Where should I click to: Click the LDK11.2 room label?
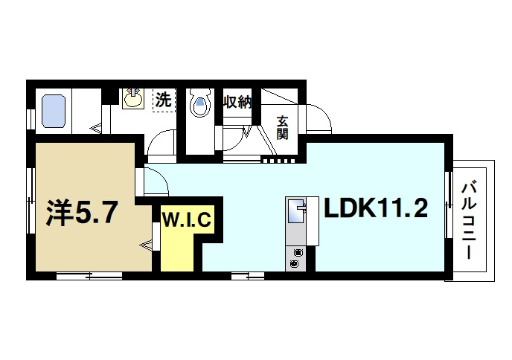[x=376, y=208]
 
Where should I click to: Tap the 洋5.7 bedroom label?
[x=81, y=213]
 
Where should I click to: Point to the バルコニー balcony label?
[x=469, y=222]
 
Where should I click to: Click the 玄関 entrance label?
[x=283, y=128]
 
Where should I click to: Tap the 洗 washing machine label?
[x=163, y=100]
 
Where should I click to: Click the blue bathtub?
[x=54, y=111]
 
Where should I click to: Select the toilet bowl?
[x=200, y=103]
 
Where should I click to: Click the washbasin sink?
[x=132, y=98]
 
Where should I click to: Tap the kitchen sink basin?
[x=297, y=213]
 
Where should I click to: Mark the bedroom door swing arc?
[x=162, y=177]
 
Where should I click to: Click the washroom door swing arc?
[x=158, y=136]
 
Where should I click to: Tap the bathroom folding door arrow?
[x=96, y=128]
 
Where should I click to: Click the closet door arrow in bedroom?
[x=147, y=245]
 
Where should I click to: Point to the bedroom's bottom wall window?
[x=89, y=276]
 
